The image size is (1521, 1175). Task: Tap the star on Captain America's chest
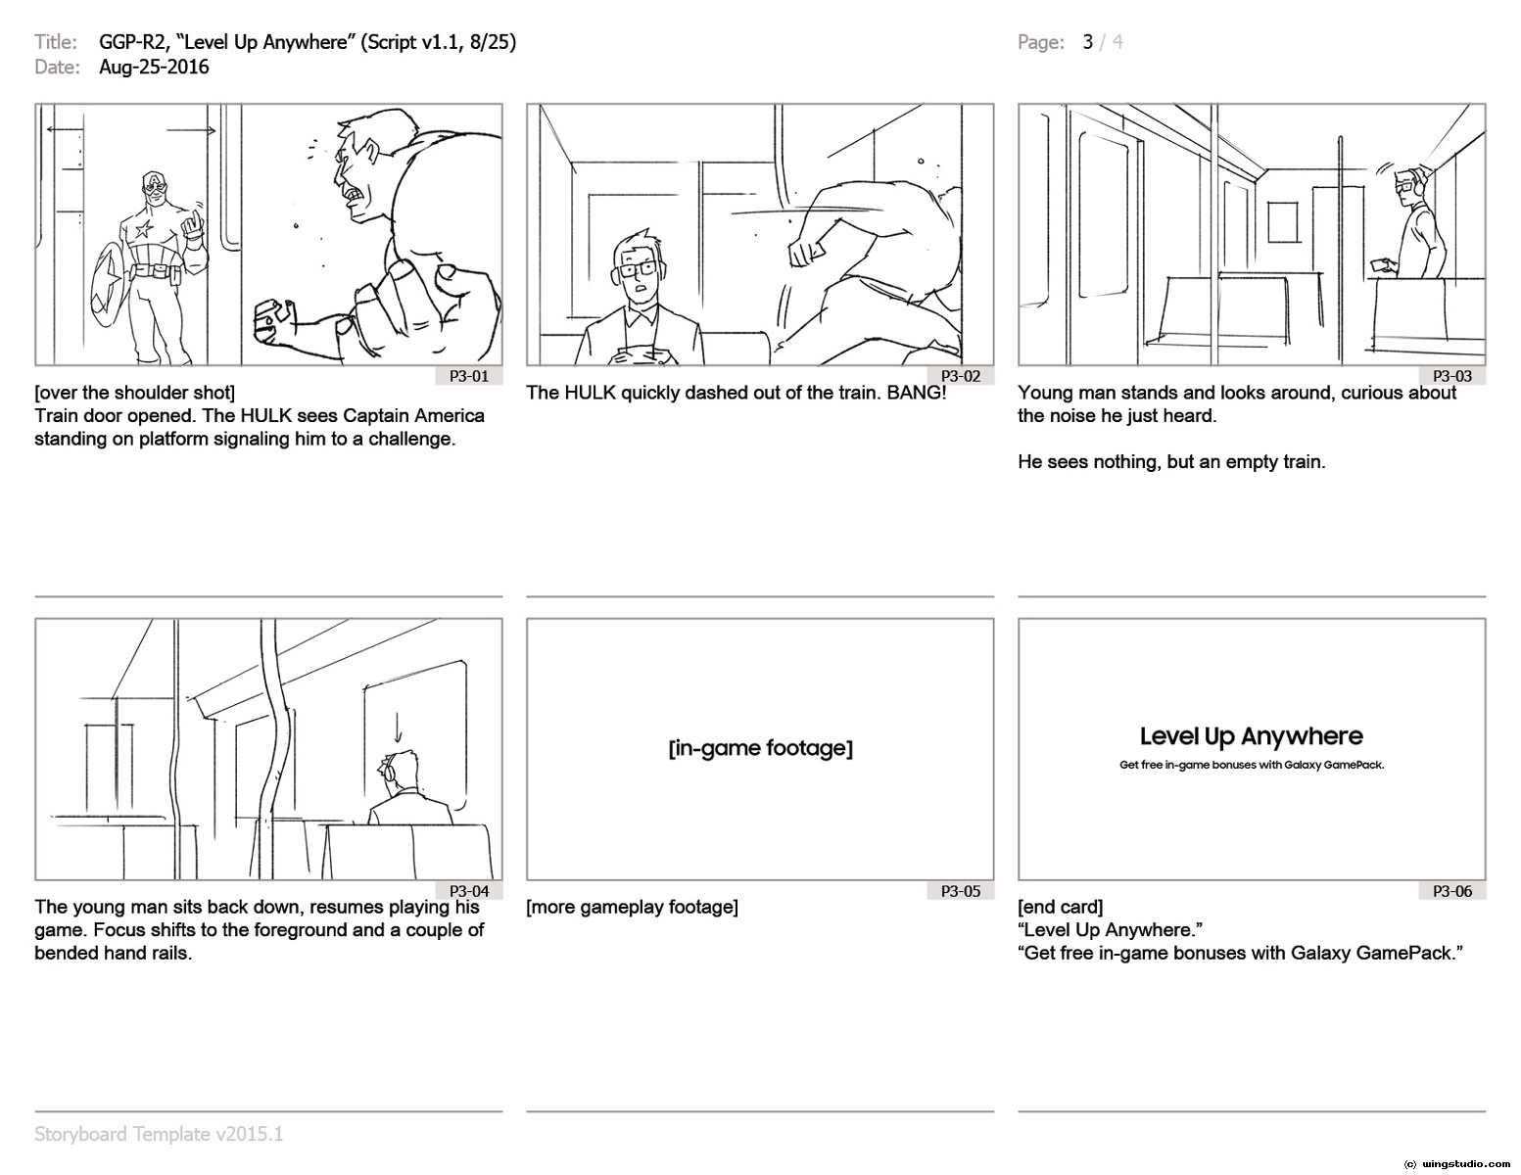pos(144,228)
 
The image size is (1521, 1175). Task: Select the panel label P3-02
pos(961,377)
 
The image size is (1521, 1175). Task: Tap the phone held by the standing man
pos(1381,264)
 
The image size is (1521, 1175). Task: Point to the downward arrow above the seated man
pos(398,728)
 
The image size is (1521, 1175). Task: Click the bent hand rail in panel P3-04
pos(274,748)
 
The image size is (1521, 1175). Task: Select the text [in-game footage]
pos(761,748)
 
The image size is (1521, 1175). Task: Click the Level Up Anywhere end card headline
pos(1252,736)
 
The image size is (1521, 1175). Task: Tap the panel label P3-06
pos(1452,891)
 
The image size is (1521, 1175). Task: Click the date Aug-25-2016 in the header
pos(154,68)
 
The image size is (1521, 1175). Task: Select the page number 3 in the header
pos(1088,42)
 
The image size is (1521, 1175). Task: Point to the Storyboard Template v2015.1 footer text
pos(159,1135)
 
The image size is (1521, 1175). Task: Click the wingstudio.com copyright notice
pos(1456,1164)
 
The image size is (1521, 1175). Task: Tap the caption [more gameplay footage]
pos(632,907)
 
